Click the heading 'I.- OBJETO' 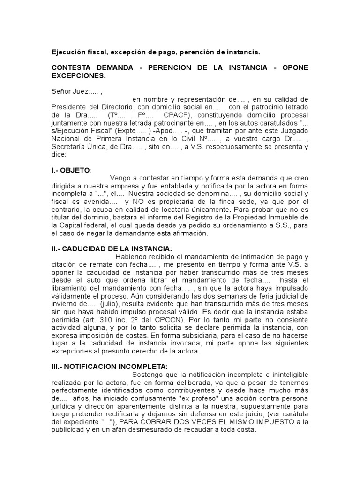70,169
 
